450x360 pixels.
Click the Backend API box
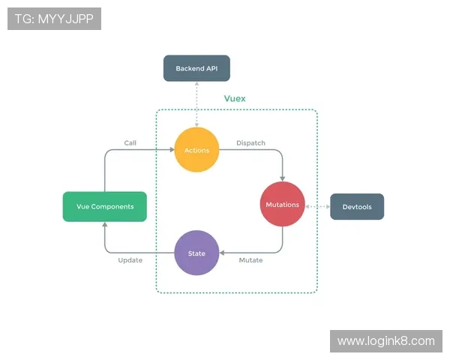196,68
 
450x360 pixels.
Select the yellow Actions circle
196,150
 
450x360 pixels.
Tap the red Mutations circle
283,204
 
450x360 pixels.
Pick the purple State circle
196,253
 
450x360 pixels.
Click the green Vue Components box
104,206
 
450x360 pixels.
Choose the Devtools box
357,206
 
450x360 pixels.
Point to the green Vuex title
235,98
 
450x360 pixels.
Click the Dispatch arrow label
250,142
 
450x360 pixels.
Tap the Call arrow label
130,142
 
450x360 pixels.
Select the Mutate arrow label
250,260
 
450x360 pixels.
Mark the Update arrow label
130,260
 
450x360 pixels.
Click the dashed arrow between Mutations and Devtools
318,205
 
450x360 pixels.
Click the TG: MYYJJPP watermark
54,19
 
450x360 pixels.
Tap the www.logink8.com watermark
385,341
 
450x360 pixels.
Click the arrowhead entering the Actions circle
169,150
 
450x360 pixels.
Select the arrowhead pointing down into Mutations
283,178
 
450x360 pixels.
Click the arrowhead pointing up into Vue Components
104,225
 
